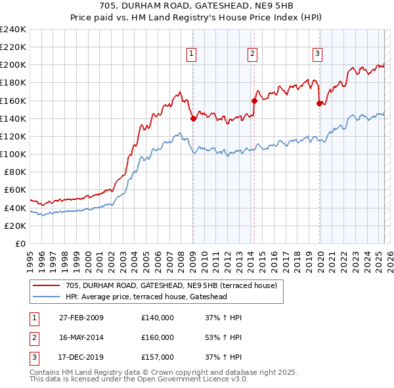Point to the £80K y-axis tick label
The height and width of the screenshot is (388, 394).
(x=14, y=172)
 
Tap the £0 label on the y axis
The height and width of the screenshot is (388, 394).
(x=20, y=243)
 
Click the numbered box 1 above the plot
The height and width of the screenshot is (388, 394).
(x=191, y=55)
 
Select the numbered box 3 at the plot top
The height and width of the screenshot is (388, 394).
(x=317, y=55)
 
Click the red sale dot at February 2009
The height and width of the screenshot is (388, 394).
(x=193, y=118)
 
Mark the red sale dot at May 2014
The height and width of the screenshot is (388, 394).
(x=254, y=101)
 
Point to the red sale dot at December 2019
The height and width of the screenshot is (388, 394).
(x=320, y=103)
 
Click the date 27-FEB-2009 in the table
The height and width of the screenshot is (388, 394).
(x=81, y=318)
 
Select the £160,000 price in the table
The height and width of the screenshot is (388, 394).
(x=158, y=337)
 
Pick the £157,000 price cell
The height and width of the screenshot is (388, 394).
(x=158, y=357)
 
